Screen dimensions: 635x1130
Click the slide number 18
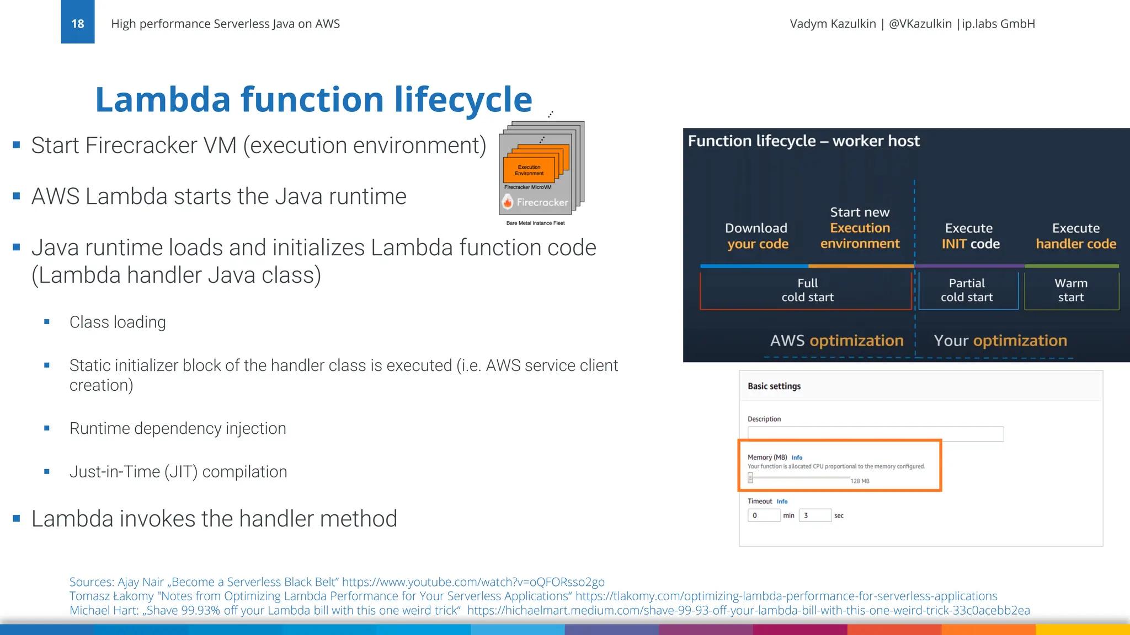pos(77,23)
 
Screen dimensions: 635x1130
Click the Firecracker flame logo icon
pos(508,202)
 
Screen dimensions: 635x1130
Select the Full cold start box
pos(806,290)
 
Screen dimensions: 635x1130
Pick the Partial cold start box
pos(967,290)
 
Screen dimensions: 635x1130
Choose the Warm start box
pos(1071,290)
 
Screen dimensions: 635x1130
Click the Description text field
pos(875,434)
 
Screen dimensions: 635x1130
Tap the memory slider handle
pos(750,478)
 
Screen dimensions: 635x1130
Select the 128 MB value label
pos(860,481)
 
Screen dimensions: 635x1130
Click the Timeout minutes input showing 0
pos(764,515)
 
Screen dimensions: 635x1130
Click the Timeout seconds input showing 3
pos(814,515)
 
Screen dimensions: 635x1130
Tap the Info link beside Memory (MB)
pos(797,458)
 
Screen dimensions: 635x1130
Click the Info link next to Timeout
pos(782,502)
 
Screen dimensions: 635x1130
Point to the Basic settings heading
pos(774,386)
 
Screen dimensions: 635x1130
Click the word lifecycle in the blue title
pos(463,100)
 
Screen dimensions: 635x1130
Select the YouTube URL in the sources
pos(473,582)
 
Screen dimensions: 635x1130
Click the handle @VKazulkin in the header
pos(920,24)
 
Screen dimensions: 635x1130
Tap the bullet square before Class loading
pos(47,322)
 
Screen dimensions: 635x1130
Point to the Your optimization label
pos(1000,341)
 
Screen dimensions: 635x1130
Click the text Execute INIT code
pos(970,236)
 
